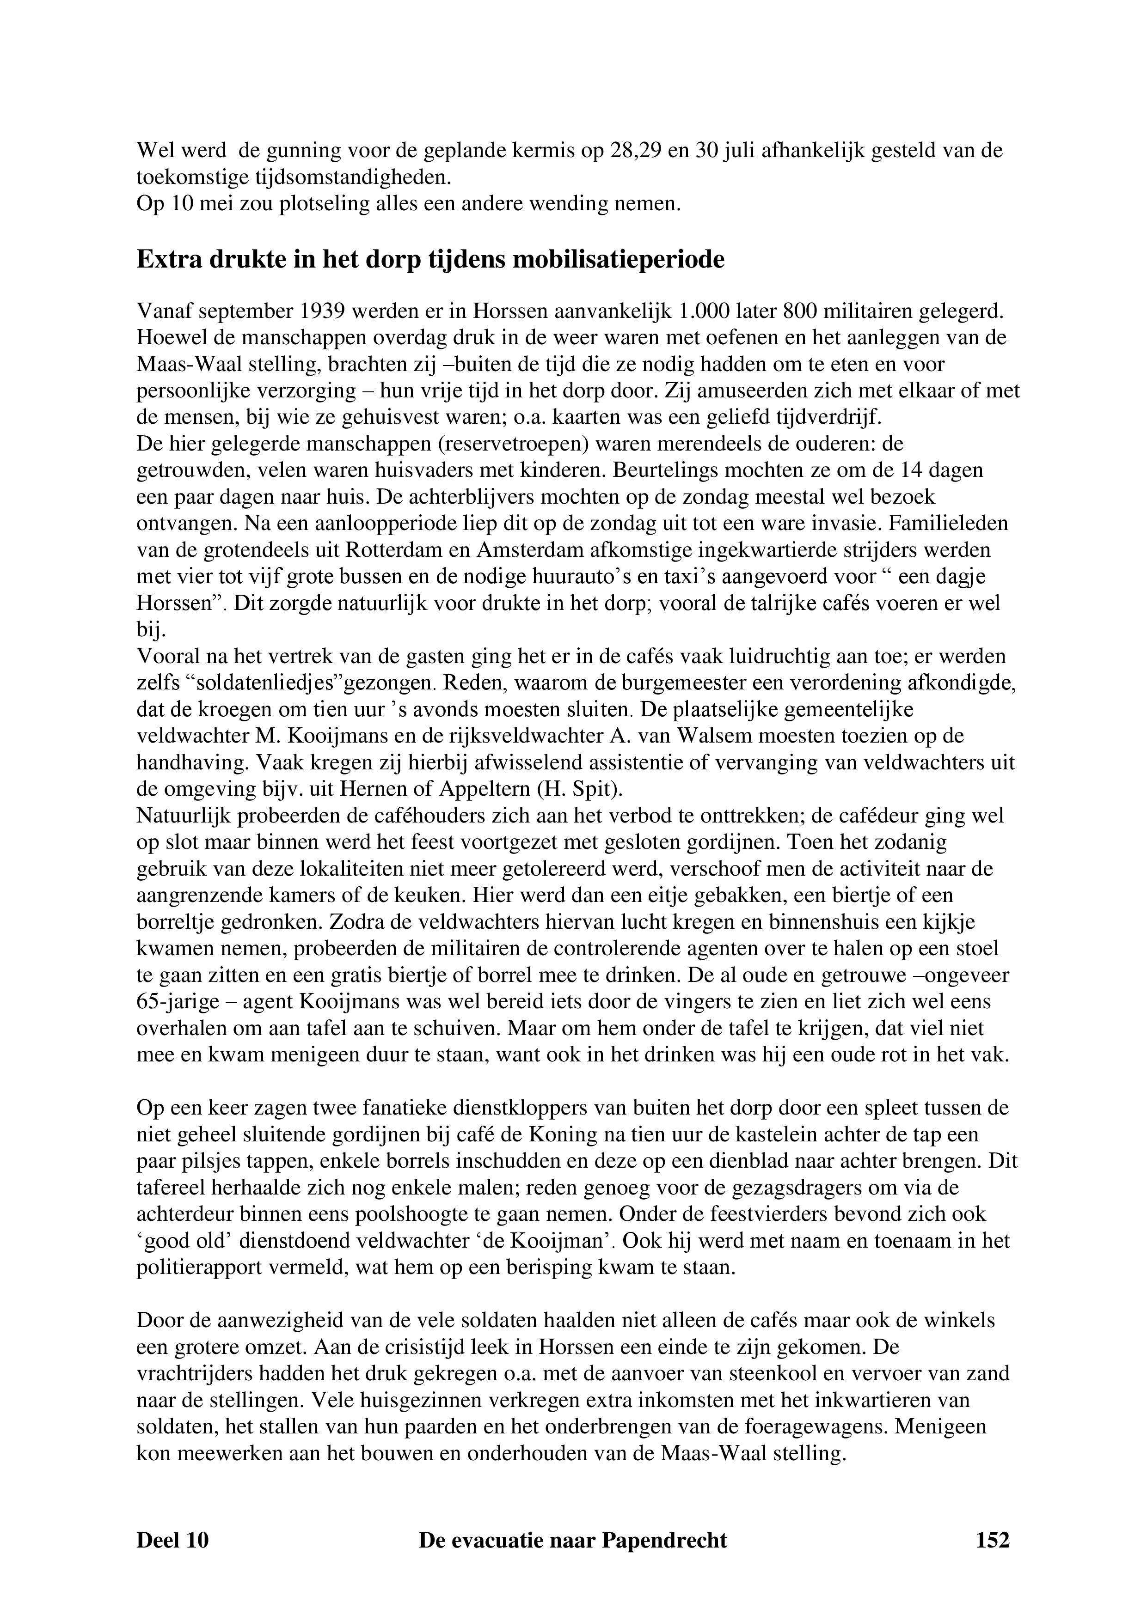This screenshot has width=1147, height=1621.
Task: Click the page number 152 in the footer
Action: coord(992,1540)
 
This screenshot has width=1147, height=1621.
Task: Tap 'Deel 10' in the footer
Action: coord(172,1540)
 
